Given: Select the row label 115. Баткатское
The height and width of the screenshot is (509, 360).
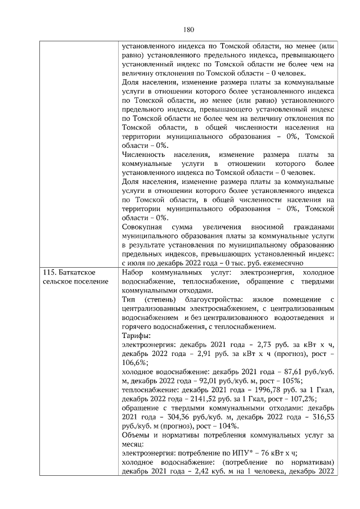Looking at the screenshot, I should coord(73,272).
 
